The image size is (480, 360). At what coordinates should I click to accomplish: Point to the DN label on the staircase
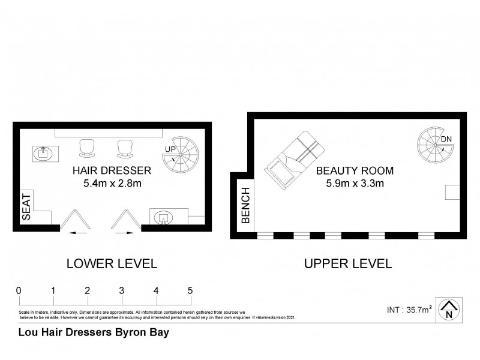tap(446, 140)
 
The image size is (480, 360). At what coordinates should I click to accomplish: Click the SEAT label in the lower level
tap(26, 207)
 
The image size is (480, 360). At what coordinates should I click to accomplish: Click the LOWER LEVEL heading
tap(112, 263)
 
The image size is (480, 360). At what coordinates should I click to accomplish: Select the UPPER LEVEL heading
tap(348, 263)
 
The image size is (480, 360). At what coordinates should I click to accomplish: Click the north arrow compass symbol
tap(448, 310)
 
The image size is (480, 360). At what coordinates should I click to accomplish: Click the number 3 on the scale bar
tap(122, 290)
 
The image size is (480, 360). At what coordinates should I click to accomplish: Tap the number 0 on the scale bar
tap(19, 290)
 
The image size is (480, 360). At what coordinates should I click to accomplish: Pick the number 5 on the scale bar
tap(190, 290)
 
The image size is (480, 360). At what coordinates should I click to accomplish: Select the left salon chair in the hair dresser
tap(86, 147)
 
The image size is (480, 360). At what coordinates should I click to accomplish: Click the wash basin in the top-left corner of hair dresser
tap(43, 154)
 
